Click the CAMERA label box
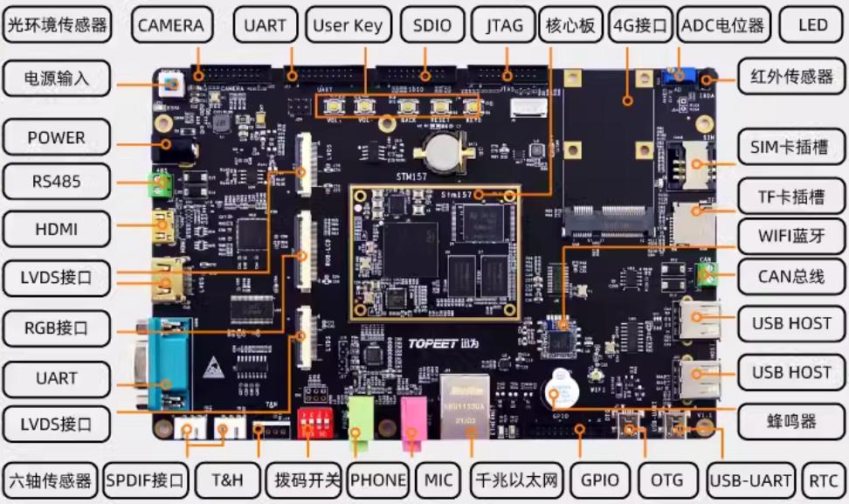pos(170,25)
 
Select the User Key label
pos(348,25)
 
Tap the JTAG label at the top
pos(504,25)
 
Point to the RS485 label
pos(57,182)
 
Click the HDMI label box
pos(57,229)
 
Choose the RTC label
pos(823,480)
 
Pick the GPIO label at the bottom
pos(600,480)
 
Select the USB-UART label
pos(752,480)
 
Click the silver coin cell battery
pos(445,150)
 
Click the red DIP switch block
pos(312,422)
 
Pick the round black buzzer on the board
pos(560,390)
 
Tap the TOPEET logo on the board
pos(465,343)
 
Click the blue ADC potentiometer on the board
pos(674,76)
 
